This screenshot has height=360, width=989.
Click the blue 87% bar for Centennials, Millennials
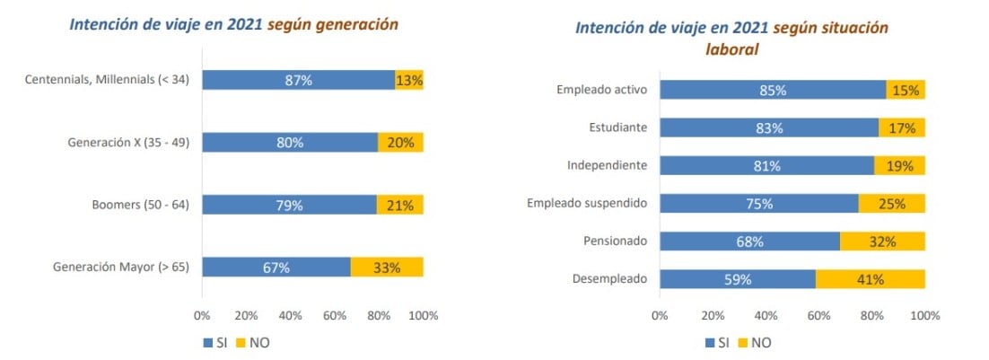point(298,80)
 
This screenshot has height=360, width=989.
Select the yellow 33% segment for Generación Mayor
point(387,267)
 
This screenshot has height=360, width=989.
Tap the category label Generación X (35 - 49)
point(127,143)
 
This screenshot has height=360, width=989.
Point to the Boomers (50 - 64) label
point(141,205)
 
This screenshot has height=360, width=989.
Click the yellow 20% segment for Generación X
point(400,143)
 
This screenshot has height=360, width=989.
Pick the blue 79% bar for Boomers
point(289,205)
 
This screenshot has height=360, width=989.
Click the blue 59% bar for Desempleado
point(738,279)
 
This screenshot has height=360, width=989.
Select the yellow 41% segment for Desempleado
point(870,279)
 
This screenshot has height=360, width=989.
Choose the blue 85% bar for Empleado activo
point(773,90)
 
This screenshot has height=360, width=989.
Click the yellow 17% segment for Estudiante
point(901,127)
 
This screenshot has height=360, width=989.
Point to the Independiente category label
point(607,165)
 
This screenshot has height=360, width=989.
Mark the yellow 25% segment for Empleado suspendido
point(891,203)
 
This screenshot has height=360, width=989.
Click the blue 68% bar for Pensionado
point(749,241)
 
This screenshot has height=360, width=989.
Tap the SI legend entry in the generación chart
point(215,342)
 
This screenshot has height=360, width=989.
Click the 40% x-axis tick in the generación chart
point(290,316)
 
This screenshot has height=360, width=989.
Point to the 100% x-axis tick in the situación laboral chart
point(924,316)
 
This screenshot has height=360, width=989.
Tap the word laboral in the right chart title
point(731,50)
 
